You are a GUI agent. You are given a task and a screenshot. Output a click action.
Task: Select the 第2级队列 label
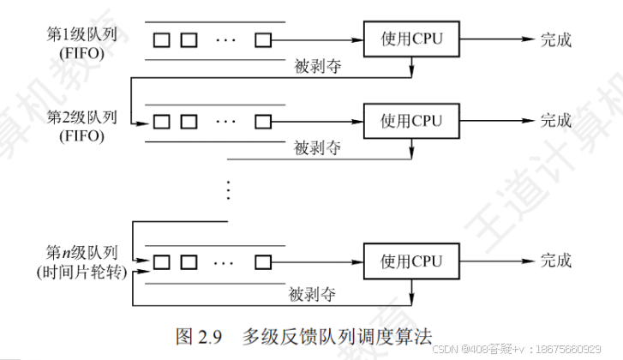tap(82, 117)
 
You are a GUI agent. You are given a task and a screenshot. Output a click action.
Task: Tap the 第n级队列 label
tap(82, 255)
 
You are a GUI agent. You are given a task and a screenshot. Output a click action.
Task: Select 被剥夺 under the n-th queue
tap(312, 293)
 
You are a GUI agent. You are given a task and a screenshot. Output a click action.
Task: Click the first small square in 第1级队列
tap(160, 39)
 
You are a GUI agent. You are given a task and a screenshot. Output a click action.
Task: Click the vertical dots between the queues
tap(228, 190)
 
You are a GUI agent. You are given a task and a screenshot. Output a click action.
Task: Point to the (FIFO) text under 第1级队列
tap(82, 53)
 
